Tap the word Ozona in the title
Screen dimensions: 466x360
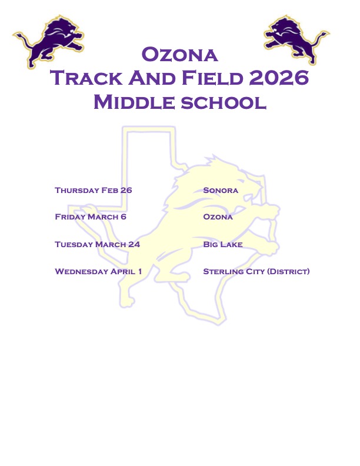click(x=180, y=55)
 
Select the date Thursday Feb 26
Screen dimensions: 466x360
click(x=94, y=190)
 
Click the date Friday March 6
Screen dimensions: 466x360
click(x=91, y=217)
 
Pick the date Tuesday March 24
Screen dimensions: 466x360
click(x=97, y=244)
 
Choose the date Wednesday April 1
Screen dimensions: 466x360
click(x=98, y=271)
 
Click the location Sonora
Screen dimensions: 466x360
click(x=221, y=190)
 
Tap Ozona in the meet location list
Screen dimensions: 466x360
click(x=218, y=217)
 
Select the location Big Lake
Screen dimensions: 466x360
click(x=223, y=244)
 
